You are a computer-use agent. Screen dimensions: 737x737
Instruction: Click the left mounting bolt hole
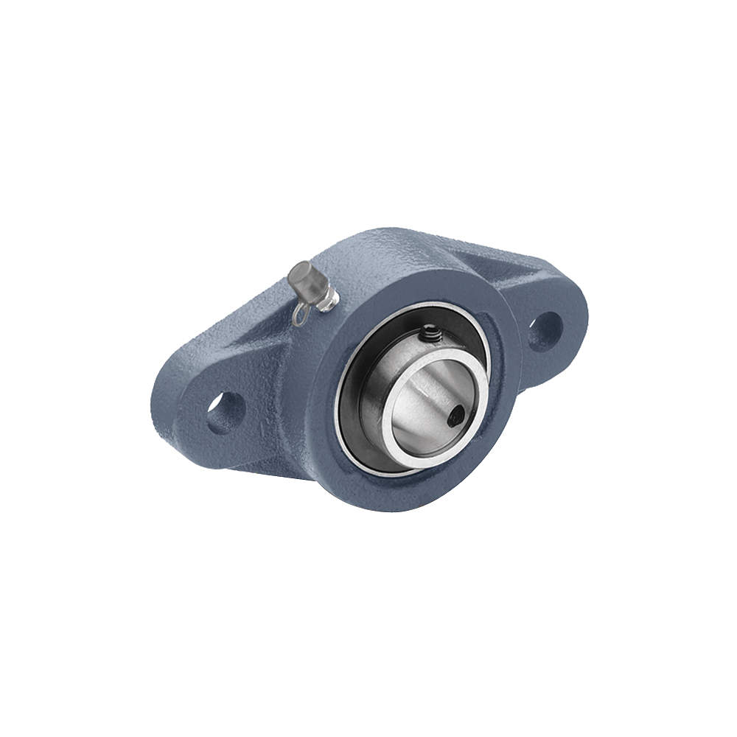tap(224, 413)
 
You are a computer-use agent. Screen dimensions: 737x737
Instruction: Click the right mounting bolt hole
tap(545, 332)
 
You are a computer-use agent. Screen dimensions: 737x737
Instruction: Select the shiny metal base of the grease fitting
tap(328, 298)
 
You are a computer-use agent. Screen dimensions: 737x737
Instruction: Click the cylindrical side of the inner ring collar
tap(383, 383)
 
